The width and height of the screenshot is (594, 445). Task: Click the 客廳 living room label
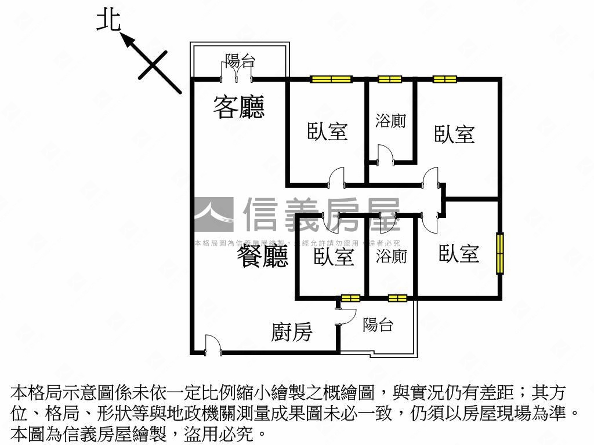(238, 108)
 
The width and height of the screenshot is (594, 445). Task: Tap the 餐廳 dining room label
(262, 256)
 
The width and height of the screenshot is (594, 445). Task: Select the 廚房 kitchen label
(292, 332)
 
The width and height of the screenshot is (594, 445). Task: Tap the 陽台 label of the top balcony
(240, 60)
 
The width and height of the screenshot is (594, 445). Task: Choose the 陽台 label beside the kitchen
(378, 325)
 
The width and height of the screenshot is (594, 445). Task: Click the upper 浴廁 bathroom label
(390, 121)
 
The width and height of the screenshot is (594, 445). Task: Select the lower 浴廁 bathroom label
(391, 256)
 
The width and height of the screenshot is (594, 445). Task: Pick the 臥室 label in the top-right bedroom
(455, 134)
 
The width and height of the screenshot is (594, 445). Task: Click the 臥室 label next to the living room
(327, 132)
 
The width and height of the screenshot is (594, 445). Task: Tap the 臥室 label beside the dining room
(334, 256)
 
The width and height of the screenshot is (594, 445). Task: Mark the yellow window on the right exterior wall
(499, 253)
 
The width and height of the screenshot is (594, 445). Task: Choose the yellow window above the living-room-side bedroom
(331, 79)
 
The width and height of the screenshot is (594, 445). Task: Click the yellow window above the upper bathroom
(389, 79)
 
